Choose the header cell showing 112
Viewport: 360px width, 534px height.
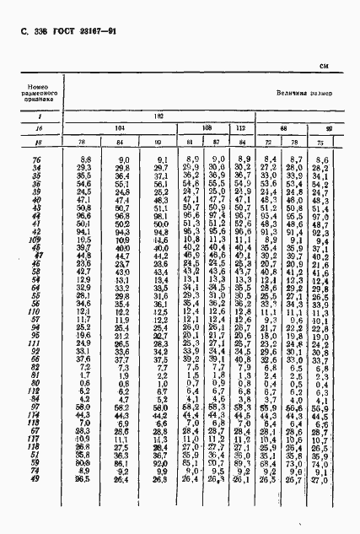coord(242,127)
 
